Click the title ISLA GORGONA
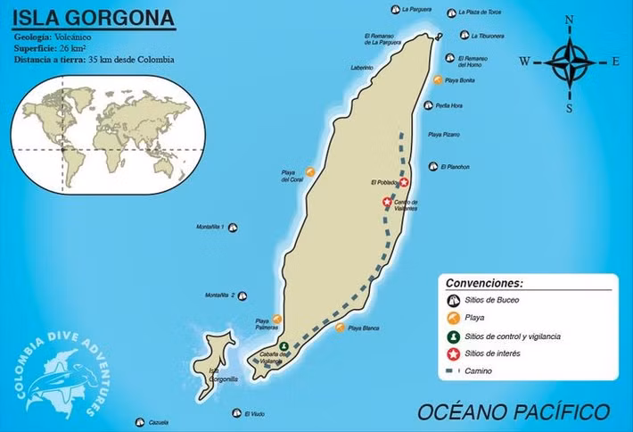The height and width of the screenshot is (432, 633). (94, 17)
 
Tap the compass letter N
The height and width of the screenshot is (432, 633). (570, 19)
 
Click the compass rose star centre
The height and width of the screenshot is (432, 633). (569, 62)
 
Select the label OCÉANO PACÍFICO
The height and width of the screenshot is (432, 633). (514, 411)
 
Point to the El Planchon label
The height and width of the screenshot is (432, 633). (455, 167)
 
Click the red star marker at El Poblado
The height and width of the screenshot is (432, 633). (404, 182)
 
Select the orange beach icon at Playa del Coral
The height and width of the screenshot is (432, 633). (310, 170)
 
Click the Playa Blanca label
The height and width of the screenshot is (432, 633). (364, 328)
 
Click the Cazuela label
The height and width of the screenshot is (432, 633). (159, 422)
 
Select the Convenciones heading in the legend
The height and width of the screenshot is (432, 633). (484, 282)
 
